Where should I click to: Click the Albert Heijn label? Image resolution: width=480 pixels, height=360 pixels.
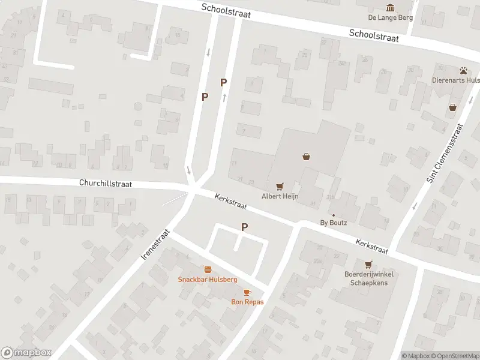click(x=280, y=196)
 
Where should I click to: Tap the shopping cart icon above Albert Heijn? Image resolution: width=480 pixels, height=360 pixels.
click(x=279, y=187)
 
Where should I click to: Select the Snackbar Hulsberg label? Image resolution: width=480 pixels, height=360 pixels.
click(x=208, y=280)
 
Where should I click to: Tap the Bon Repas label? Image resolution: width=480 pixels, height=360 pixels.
click(x=247, y=302)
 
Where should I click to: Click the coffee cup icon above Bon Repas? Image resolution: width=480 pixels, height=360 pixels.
click(x=247, y=292)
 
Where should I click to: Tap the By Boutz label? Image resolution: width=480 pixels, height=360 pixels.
click(x=334, y=223)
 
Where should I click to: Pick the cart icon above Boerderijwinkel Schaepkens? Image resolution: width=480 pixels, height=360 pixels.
click(x=368, y=264)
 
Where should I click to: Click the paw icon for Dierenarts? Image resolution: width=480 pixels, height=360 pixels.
click(x=463, y=70)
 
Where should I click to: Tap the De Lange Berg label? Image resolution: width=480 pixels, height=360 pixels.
click(x=391, y=17)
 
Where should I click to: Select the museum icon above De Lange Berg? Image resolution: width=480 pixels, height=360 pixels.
click(x=391, y=7)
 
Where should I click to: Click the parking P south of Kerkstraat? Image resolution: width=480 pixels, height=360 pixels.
click(x=244, y=227)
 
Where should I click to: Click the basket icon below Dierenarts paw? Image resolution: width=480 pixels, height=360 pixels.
click(x=452, y=107)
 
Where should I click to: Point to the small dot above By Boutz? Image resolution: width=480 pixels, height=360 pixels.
click(x=334, y=215)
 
